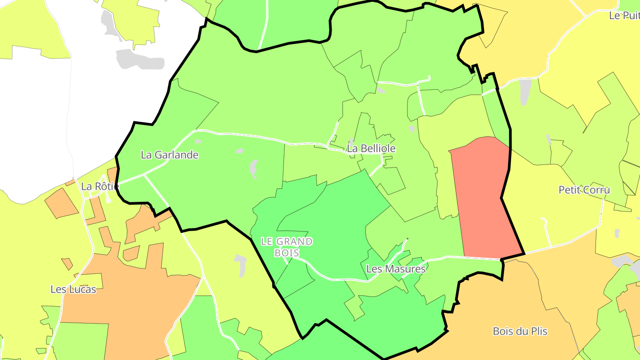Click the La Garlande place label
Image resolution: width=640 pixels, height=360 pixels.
[x=169, y=155]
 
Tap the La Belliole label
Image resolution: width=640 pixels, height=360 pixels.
[x=371, y=148]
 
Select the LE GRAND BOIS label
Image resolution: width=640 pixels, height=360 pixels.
[x=287, y=247]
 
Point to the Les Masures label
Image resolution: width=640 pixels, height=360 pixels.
[x=396, y=269]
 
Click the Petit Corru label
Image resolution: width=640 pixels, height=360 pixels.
[x=584, y=190]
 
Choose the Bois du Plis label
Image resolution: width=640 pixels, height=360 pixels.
[x=520, y=331]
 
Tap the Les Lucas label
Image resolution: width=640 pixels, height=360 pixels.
[x=73, y=289]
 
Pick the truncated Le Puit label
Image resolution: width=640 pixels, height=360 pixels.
[x=624, y=16]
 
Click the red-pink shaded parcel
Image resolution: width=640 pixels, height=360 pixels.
[x=482, y=196]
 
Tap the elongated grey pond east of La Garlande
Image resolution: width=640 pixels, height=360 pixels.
[x=254, y=169]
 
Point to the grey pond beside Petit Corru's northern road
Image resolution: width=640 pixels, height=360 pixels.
[x=525, y=91]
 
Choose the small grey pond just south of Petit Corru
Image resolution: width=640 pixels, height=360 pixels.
[x=616, y=233]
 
